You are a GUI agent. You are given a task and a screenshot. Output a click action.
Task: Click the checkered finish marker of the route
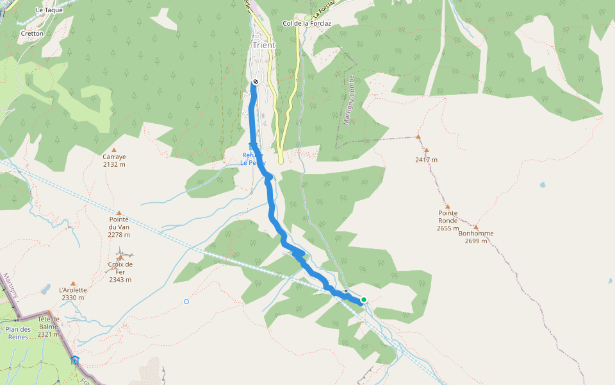pyautogui.click(x=255, y=81)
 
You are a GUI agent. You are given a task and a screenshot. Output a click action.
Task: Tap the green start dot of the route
pyautogui.click(x=364, y=300)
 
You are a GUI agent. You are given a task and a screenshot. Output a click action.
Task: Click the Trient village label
pyautogui.click(x=264, y=45)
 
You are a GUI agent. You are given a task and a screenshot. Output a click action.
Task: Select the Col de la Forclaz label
pyautogui.click(x=306, y=24)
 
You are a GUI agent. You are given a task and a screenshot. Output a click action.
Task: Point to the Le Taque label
pyautogui.click(x=49, y=10)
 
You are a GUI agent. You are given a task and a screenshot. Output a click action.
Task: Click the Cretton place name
pyautogui.click(x=32, y=33)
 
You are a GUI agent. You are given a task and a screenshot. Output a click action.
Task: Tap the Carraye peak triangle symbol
pyautogui.click(x=114, y=150)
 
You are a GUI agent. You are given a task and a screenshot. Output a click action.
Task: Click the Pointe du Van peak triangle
pyautogui.click(x=119, y=212)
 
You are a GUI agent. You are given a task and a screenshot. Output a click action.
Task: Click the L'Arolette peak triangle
pyautogui.click(x=73, y=283)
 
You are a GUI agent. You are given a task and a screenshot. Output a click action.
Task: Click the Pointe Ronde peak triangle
pyautogui.click(x=448, y=207)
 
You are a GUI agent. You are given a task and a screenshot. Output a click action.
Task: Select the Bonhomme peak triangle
pyautogui.click(x=475, y=227)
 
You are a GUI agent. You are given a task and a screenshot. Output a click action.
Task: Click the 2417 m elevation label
pyautogui.click(x=426, y=160)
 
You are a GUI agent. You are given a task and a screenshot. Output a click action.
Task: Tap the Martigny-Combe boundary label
pyautogui.click(x=350, y=99)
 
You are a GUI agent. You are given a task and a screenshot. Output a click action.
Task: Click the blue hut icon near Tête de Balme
pyautogui.click(x=75, y=360)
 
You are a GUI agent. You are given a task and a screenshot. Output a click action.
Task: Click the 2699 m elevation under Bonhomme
pyautogui.click(x=476, y=241)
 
